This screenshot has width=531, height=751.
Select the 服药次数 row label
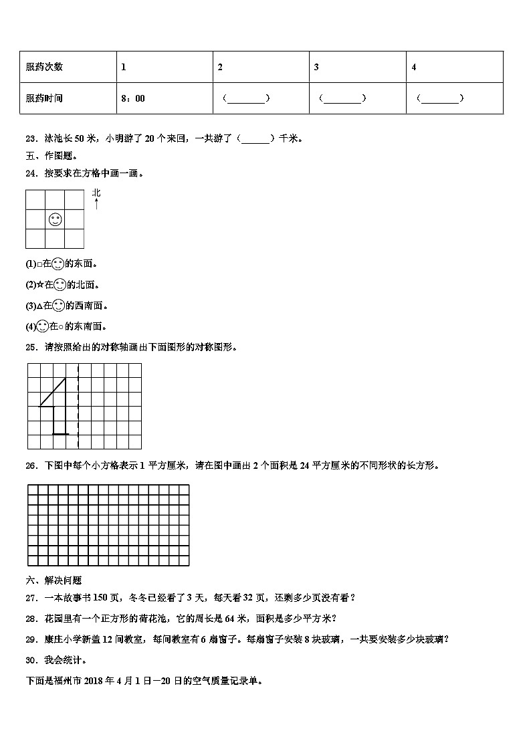pyautogui.click(x=44, y=67)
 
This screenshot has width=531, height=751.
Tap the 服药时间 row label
pyautogui.click(x=44, y=98)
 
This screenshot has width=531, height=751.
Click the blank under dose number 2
pyautogui.click(x=246, y=98)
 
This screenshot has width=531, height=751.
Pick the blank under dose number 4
pyautogui.click(x=440, y=98)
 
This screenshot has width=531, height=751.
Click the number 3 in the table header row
pyautogui.click(x=316, y=67)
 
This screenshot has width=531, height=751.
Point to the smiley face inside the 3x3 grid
pyautogui.click(x=56, y=219)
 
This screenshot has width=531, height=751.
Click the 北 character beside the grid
pyautogui.click(x=96, y=193)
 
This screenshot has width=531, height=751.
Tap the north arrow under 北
pyautogui.click(x=96, y=204)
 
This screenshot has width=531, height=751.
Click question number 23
pyautogui.click(x=30, y=139)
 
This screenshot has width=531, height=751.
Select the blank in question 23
pyautogui.click(x=255, y=139)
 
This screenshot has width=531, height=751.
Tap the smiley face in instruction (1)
pyautogui.click(x=58, y=263)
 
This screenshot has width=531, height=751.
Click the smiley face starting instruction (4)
pyautogui.click(x=42, y=326)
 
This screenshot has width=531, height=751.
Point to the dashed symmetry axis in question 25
pyautogui.click(x=78, y=407)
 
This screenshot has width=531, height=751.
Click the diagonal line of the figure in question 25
pyautogui.click(x=53, y=392)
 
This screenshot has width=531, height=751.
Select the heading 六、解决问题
pyautogui.click(x=54, y=580)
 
